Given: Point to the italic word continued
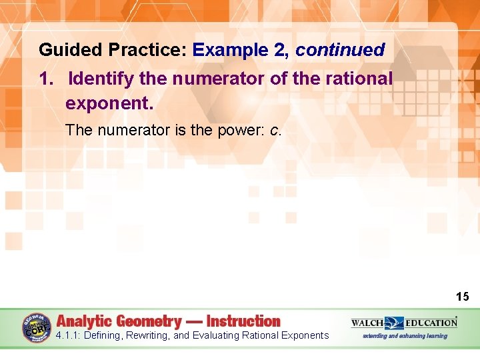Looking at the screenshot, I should [340, 50].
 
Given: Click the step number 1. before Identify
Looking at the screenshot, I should [45, 79].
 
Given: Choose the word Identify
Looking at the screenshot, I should [102, 79].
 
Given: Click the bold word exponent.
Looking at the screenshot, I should [109, 104].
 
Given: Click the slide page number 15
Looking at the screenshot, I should [463, 297].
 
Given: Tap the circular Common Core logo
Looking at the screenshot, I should [37, 327].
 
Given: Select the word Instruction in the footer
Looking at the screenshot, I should [243, 321].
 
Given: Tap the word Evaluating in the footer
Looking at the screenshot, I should [215, 335].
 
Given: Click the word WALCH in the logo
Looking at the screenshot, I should [367, 323].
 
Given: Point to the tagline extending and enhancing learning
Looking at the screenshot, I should [405, 335].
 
